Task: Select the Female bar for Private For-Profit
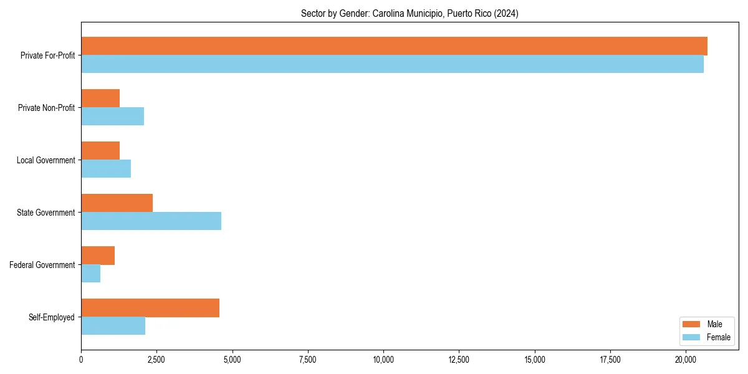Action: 392,64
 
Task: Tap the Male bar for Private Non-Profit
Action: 100,98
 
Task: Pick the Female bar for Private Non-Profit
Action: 112,117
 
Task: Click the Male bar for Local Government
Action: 100,151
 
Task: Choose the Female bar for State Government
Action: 151,221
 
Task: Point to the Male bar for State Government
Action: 117,203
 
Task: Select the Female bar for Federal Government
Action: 90,274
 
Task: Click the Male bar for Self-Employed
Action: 150,308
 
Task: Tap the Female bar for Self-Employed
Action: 113,326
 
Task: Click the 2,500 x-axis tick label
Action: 156,360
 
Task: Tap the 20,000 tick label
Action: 686,360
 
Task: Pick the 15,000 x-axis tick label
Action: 535,360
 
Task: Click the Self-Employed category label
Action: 52,317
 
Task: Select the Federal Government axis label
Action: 42,265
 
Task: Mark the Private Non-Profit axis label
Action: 46,108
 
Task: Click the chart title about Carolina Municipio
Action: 410,13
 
